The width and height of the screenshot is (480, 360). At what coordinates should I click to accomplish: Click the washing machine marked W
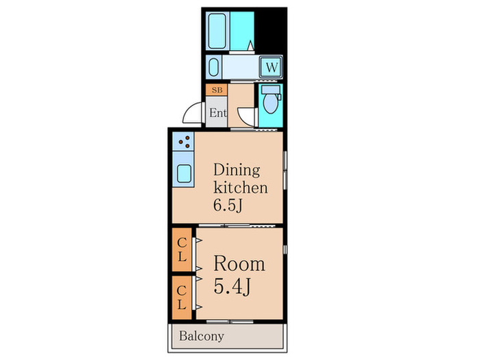(272, 67)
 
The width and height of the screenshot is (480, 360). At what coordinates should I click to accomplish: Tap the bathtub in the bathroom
(217, 31)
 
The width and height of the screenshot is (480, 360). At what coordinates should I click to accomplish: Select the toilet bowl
(270, 104)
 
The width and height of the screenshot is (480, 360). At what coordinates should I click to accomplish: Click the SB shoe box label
(217, 90)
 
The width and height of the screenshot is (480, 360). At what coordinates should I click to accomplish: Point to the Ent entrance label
(218, 112)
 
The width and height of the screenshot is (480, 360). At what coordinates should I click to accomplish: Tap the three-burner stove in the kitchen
(183, 141)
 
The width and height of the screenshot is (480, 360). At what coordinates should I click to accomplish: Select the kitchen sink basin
(184, 173)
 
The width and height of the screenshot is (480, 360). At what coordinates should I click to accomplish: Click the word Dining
(237, 171)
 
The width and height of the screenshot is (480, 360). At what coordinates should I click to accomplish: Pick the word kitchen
(240, 187)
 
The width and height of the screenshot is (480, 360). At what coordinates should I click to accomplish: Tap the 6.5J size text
(228, 205)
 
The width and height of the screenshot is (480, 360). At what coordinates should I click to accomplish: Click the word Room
(239, 263)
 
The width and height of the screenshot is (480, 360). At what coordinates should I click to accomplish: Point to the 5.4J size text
(232, 287)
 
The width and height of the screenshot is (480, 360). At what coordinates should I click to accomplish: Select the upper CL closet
(182, 250)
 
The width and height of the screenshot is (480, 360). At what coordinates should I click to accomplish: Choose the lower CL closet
(182, 298)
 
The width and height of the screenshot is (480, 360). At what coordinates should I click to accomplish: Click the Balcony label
(202, 336)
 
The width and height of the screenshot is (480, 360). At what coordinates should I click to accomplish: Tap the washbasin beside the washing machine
(214, 67)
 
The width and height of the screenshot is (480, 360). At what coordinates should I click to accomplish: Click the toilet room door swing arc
(245, 117)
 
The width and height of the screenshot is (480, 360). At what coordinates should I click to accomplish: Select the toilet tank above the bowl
(271, 90)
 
